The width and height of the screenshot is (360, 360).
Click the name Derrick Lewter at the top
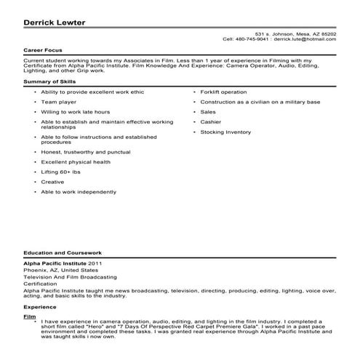[x=54, y=22]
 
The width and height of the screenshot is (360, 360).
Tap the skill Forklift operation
[x=223, y=93]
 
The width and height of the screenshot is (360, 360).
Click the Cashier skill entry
[x=212, y=122]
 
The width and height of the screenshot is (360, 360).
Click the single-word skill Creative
[x=52, y=181]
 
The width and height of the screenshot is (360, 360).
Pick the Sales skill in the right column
[x=209, y=113]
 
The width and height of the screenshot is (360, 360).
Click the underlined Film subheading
[x=29, y=318]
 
